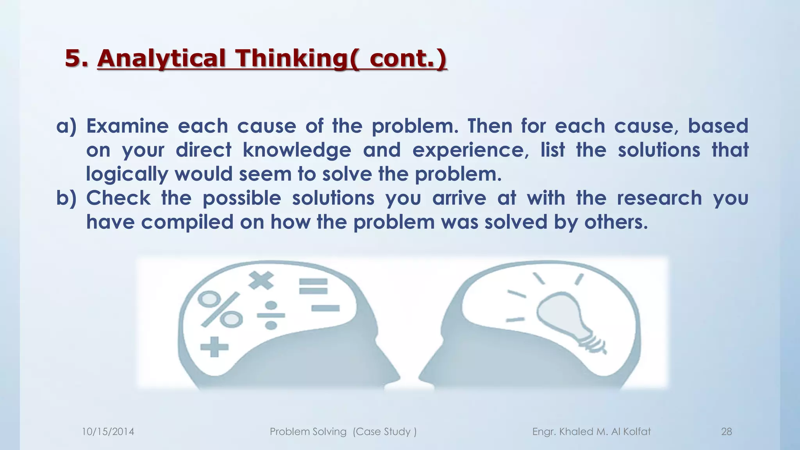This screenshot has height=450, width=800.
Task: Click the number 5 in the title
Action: point(73,58)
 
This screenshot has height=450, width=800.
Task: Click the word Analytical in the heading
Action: point(161,58)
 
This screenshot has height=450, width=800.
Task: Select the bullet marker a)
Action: point(66,126)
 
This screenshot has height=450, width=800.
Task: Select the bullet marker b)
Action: point(66,198)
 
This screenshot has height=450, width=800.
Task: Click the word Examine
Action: point(127,126)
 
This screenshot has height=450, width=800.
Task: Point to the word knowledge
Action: point(296,150)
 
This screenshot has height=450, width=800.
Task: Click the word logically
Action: point(127,174)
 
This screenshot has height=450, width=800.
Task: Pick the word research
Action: point(659,198)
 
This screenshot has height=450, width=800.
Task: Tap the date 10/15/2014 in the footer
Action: point(108,432)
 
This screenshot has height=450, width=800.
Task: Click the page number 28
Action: point(726,432)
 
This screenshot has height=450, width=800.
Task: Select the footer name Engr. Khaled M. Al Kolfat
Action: point(591,432)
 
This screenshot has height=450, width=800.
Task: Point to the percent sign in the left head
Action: point(220,309)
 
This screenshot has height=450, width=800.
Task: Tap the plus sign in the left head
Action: point(214,347)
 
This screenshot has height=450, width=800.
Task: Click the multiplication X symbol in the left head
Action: point(261,280)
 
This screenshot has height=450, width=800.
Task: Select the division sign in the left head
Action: point(271,315)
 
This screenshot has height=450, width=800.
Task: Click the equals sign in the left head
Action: point(313,286)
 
